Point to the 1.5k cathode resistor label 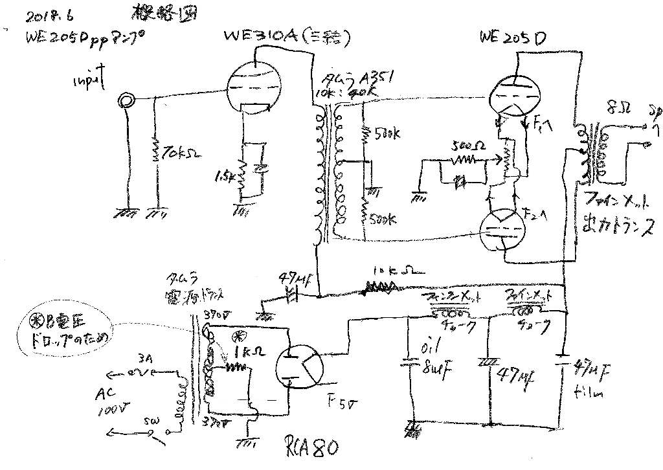point(223,176)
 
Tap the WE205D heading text point(513,39)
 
